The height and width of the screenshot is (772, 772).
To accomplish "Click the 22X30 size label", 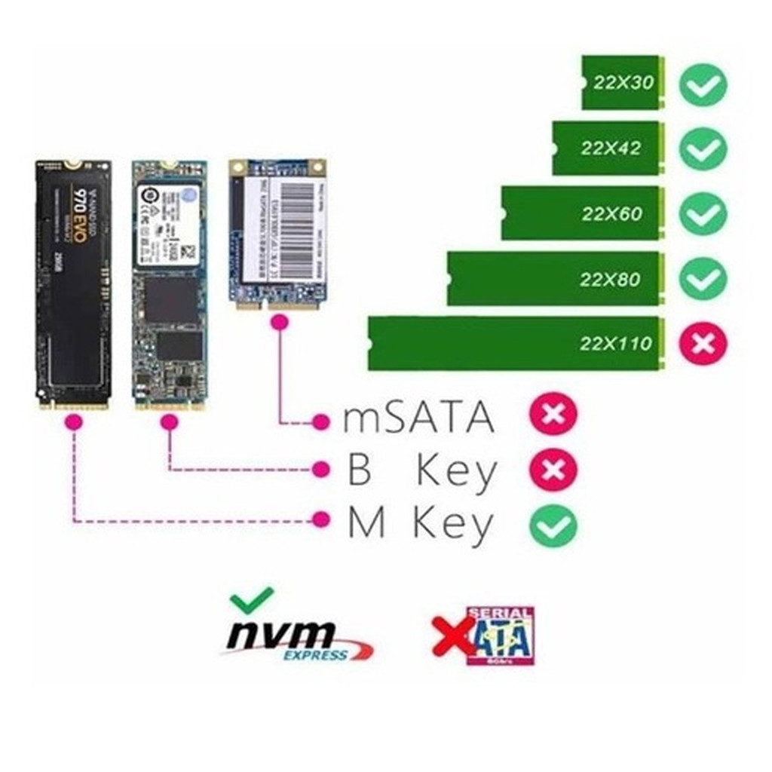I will tap(623, 83).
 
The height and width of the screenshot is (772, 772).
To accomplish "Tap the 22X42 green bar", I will tap(607, 148).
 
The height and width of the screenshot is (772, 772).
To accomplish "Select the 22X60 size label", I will tap(611, 213).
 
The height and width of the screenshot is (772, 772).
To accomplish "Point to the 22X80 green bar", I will tap(553, 279).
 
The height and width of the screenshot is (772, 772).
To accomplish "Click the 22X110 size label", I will tap(615, 344).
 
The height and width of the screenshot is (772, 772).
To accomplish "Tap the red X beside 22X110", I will tap(703, 344).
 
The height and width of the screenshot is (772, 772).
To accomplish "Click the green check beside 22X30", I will tap(703, 84).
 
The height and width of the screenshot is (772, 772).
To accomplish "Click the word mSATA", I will tap(419, 418).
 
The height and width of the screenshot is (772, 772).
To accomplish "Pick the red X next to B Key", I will tap(553, 470).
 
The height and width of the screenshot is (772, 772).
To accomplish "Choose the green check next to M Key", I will tap(553, 525).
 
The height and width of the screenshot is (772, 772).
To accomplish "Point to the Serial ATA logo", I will tap(499, 636).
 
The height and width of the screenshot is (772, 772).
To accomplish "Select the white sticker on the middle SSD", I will tap(168, 224).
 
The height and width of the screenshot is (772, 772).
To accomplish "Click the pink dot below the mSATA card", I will tap(280, 323).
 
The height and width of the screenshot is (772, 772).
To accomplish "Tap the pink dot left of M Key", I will tap(322, 519).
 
